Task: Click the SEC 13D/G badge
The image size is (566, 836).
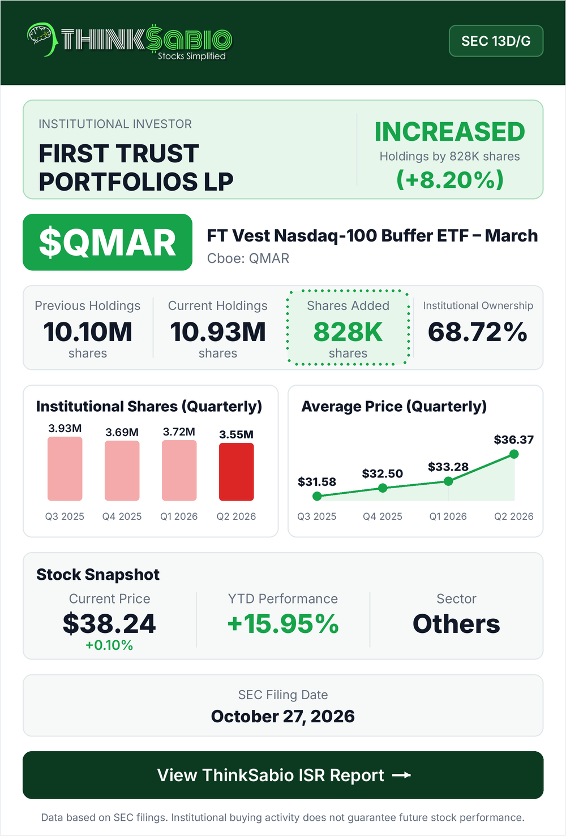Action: (x=496, y=41)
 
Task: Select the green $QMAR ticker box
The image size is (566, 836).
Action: (x=108, y=242)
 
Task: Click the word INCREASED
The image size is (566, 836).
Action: (x=449, y=132)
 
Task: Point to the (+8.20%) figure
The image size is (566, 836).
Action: (x=449, y=179)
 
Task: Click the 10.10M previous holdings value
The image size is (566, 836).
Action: (x=88, y=332)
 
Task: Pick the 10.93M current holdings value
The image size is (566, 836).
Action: (x=218, y=332)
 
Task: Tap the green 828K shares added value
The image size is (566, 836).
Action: (x=348, y=332)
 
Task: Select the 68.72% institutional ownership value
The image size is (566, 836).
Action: (x=478, y=332)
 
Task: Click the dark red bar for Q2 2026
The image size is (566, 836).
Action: (x=237, y=472)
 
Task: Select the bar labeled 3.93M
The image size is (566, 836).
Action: (x=65, y=469)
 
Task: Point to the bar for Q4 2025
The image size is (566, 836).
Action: (x=122, y=471)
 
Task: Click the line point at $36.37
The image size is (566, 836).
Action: (x=514, y=454)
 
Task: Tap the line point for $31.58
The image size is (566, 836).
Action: (x=317, y=496)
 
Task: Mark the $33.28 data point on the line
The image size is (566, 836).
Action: (x=448, y=481)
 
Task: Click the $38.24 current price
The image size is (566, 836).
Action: (x=109, y=624)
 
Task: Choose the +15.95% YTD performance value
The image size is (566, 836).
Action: (x=283, y=624)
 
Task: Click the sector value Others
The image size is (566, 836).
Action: (x=456, y=624)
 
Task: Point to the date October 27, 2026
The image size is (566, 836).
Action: (x=283, y=716)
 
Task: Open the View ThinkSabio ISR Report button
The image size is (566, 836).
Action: (x=283, y=775)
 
